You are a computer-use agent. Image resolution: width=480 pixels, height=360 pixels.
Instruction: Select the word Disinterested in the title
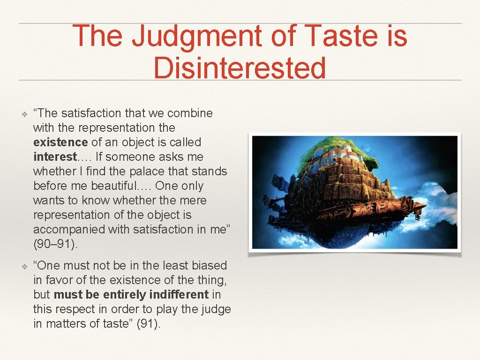pyautogui.click(x=240, y=67)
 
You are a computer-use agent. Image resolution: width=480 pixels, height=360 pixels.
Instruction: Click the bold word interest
pyautogui.click(x=54, y=157)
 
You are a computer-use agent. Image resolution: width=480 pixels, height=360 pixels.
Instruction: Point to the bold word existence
pyautogui.click(x=60, y=142)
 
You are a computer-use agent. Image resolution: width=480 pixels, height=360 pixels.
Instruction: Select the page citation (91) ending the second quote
pyautogui.click(x=148, y=323)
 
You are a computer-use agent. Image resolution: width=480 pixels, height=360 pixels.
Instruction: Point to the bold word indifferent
pyautogui.click(x=179, y=294)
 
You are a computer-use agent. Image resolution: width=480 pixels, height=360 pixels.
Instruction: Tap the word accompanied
pyautogui.click(x=65, y=229)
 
